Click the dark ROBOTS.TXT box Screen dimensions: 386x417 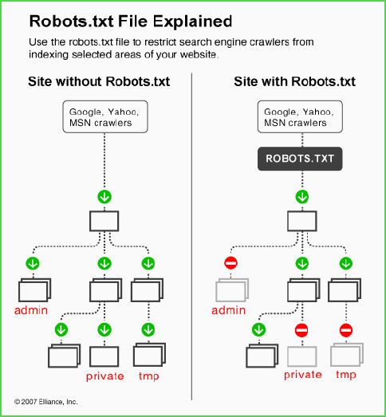(300, 159)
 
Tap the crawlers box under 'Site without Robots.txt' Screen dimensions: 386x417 (105, 116)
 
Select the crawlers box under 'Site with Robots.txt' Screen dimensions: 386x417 (300, 116)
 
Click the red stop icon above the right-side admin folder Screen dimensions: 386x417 (230, 263)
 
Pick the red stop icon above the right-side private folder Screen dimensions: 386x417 (301, 330)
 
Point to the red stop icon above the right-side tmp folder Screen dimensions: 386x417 (346, 330)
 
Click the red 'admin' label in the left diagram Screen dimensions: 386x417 (31, 310)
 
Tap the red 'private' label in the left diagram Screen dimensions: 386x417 (104, 376)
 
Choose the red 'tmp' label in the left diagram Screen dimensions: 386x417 (148, 376)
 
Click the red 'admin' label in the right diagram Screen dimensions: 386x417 (229, 310)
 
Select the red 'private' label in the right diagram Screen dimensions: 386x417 (303, 375)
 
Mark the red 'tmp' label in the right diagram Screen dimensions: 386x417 (346, 375)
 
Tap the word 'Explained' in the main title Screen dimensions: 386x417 (192, 22)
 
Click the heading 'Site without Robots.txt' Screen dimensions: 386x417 (99, 81)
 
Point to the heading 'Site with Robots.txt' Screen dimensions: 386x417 (294, 81)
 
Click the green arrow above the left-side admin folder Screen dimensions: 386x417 (33, 263)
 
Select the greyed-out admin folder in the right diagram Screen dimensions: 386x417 (232, 290)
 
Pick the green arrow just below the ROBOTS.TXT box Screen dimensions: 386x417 (302, 197)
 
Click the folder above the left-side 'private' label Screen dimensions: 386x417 (104, 356)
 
